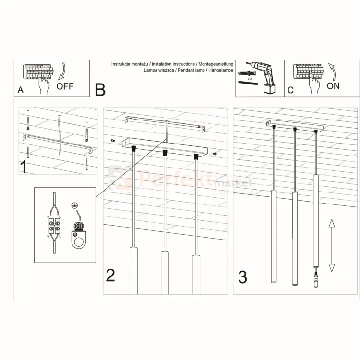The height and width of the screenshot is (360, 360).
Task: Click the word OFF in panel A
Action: point(65,86)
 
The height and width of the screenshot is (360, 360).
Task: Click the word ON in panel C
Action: point(333,86)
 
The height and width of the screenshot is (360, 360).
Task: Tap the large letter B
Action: point(100,89)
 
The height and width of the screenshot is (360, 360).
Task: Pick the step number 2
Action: point(110,275)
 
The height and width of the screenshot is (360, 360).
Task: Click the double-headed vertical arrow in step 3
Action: point(331,245)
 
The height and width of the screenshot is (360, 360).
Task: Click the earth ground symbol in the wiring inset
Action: point(74,206)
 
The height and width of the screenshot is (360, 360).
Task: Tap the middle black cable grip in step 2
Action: point(165,153)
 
